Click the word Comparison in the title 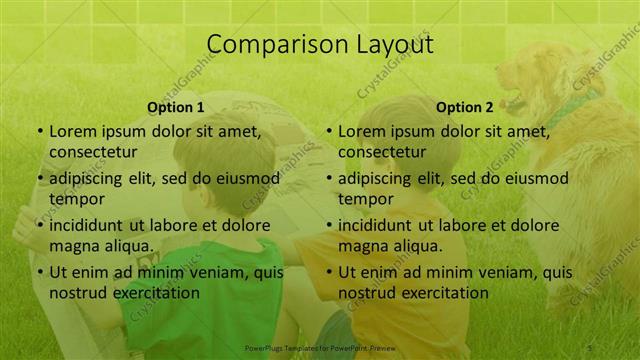(268, 45)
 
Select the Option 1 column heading (176, 107)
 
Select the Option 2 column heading (465, 107)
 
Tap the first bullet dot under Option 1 (39, 131)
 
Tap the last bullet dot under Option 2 (328, 272)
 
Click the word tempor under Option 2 (366, 199)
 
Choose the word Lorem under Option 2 (362, 131)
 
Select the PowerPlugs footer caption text (321, 348)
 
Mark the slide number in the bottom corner (590, 348)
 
